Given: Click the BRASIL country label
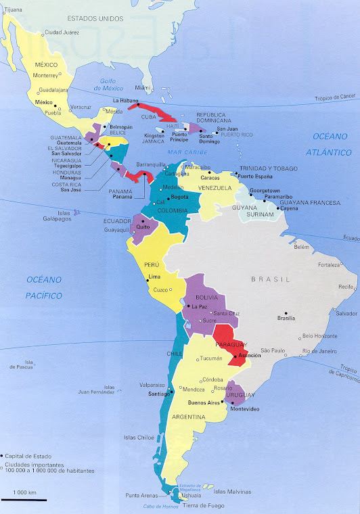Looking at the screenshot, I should pos(270,279).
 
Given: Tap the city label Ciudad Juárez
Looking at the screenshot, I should pos(64,32).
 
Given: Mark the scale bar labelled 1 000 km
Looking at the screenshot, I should pos(24,500).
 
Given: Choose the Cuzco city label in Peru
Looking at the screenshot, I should pos(161,289).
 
